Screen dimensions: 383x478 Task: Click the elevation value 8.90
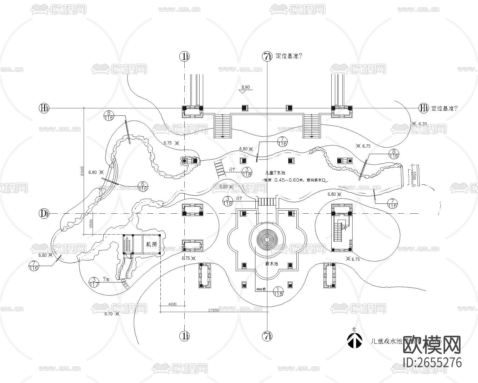(246, 87)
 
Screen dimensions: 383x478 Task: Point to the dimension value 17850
(214, 310)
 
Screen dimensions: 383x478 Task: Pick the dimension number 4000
(172, 304)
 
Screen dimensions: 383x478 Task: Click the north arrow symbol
(354, 341)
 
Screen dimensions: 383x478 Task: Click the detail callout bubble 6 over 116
(143, 186)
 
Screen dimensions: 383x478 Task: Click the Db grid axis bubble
(44, 213)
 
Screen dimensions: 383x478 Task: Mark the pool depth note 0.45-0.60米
(296, 180)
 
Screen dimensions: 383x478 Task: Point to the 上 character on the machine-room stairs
(127, 238)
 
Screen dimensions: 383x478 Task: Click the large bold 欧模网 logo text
(432, 346)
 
